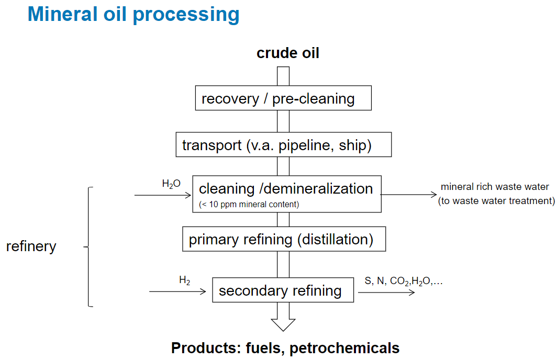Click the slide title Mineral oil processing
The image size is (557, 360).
click(133, 14)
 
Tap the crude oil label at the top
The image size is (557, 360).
click(287, 53)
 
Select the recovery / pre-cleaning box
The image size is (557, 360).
click(283, 98)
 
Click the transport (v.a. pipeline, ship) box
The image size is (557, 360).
click(283, 145)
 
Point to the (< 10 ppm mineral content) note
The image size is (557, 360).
click(249, 204)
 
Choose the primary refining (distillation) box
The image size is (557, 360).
click(283, 240)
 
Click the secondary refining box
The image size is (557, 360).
click(283, 290)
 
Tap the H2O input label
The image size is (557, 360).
click(171, 184)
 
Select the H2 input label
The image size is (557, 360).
click(184, 280)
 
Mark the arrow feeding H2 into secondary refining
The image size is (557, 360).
click(178, 291)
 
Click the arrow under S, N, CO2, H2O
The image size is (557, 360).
click(387, 291)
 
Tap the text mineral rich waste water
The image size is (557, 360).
click(495, 186)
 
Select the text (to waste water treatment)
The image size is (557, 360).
click(496, 200)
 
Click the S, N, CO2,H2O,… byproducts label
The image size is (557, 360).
click(404, 281)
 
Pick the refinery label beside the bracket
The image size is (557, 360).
click(31, 246)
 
